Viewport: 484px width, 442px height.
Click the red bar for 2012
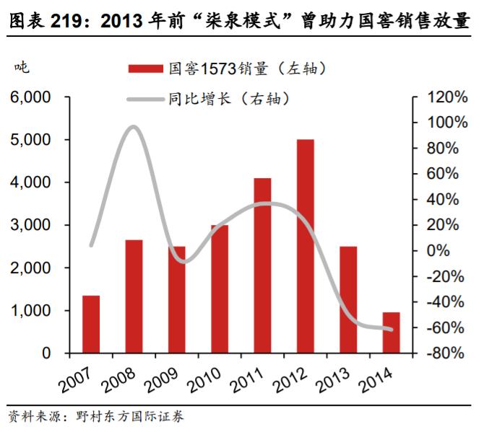pyautogui.click(x=306, y=246)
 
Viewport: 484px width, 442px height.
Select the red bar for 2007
pyautogui.click(x=91, y=324)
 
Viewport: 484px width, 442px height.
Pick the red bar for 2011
pyautogui.click(x=262, y=265)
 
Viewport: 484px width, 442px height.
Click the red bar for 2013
pyautogui.click(x=348, y=299)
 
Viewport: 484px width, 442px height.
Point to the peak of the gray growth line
pyautogui.click(x=133, y=127)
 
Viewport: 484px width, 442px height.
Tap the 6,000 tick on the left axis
pyautogui.click(x=30, y=97)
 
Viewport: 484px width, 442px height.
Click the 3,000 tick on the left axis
pyautogui.click(x=30, y=225)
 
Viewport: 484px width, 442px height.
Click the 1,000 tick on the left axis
pyautogui.click(x=30, y=311)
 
